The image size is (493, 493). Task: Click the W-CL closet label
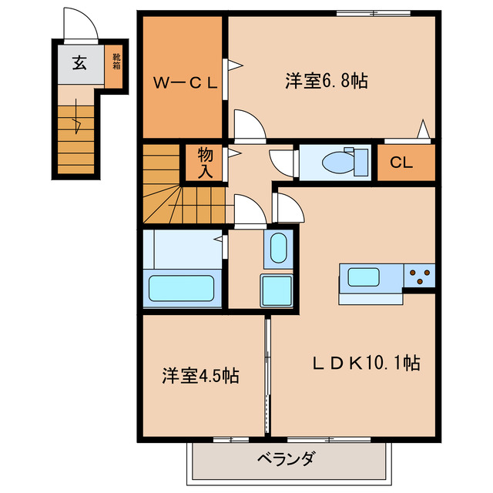click(183, 82)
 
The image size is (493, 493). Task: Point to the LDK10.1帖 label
click(365, 363)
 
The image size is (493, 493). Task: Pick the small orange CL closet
click(405, 163)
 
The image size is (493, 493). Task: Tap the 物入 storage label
click(204, 163)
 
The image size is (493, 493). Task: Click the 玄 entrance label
click(79, 63)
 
